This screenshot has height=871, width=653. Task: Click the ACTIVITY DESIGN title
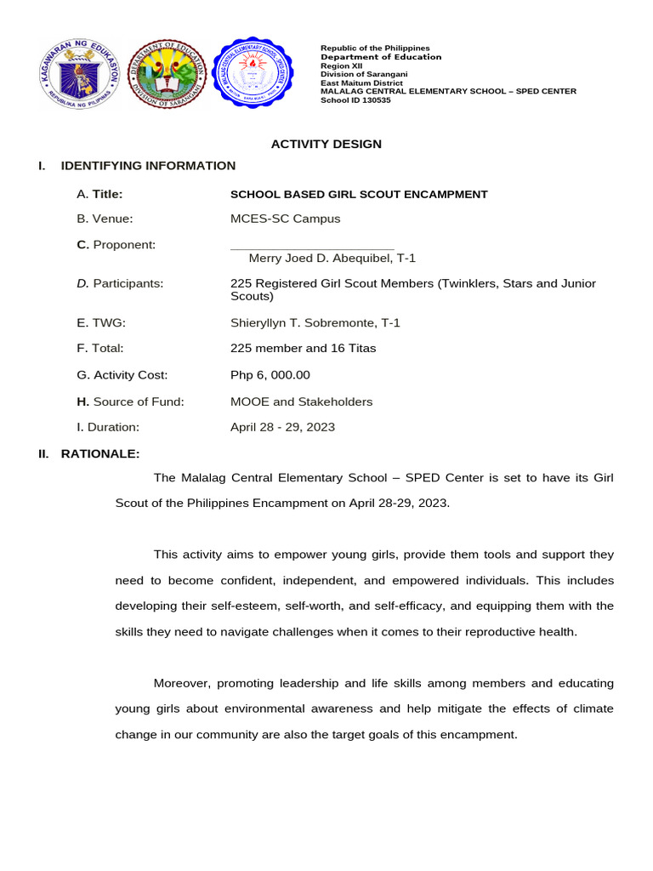click(326, 144)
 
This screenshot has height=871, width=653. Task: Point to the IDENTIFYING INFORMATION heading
click(148, 166)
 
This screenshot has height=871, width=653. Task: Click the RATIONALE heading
click(100, 454)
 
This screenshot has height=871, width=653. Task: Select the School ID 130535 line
click(355, 100)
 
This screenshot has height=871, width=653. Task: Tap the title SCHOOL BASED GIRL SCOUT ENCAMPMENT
click(359, 195)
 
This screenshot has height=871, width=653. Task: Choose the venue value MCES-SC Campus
click(285, 219)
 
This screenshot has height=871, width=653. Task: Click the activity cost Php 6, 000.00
click(270, 375)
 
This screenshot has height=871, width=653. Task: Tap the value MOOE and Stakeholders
click(301, 401)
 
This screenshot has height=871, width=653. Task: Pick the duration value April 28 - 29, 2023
click(282, 427)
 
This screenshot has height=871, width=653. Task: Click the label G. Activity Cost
click(122, 375)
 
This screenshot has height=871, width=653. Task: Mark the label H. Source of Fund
click(130, 401)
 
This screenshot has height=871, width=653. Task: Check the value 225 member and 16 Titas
click(304, 348)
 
